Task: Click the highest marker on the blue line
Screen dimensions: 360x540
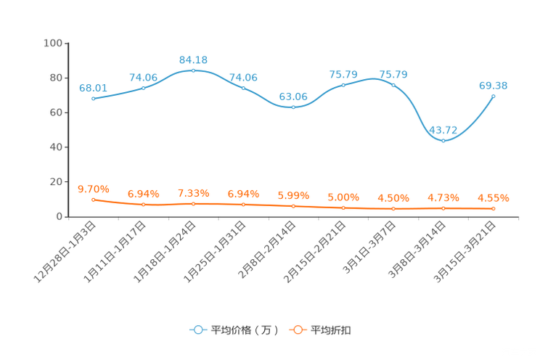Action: [193, 70]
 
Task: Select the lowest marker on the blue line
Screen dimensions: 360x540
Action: [443, 141]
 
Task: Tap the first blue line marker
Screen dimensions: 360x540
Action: [93, 99]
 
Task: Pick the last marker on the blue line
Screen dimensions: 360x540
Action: [494, 96]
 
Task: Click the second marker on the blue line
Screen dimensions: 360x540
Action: [143, 87]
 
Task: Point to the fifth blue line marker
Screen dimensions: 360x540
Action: [293, 107]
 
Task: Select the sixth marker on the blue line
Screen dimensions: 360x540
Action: [343, 85]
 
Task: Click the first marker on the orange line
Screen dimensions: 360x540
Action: [93, 200]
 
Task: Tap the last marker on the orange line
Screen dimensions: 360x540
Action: [494, 208]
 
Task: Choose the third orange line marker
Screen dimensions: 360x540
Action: [193, 204]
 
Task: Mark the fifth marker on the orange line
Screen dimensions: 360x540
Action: [293, 206]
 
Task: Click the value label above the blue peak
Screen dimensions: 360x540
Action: [193, 59]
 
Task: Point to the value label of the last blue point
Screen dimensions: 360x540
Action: [494, 85]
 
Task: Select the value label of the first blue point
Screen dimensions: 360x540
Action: [93, 87]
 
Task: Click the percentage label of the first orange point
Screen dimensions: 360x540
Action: [93, 189]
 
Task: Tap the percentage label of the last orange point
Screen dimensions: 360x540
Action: [494, 197]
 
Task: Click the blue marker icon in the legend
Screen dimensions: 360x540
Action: [197, 330]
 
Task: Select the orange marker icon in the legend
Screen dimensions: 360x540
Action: [297, 330]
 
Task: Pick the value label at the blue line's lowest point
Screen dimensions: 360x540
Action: [443, 129]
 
